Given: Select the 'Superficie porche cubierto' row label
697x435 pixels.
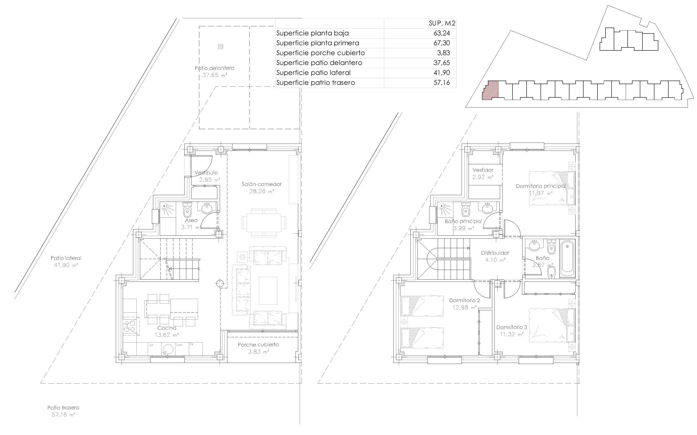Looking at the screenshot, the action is click(320, 53).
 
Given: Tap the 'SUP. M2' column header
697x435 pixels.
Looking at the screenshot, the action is click(442, 23).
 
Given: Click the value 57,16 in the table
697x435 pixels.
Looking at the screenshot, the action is click(441, 83).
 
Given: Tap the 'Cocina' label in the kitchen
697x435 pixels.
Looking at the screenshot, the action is click(167, 328).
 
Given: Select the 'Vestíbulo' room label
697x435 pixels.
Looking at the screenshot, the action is click(206, 173).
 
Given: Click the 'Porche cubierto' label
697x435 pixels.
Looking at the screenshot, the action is click(258, 345).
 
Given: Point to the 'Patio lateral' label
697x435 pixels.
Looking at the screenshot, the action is click(66, 258).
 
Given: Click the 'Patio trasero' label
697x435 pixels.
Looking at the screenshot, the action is click(63, 408).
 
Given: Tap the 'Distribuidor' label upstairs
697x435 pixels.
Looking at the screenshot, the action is click(495, 253).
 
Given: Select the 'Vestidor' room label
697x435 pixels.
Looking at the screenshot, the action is click(483, 170).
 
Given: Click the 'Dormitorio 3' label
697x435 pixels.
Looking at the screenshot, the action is click(512, 327).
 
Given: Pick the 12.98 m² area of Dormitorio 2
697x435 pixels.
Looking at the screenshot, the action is click(464, 307).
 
